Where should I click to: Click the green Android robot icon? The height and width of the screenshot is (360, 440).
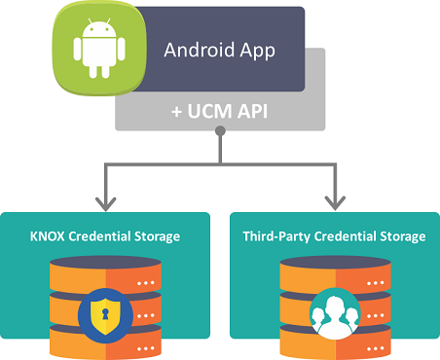click(x=94, y=49)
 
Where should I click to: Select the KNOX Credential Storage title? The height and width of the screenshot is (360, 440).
click(x=106, y=236)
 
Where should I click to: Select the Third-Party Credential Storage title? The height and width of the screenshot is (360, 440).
click(x=334, y=236)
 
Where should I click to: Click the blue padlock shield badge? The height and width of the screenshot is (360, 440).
click(x=106, y=312)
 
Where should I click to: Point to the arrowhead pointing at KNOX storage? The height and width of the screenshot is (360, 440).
click(x=106, y=201)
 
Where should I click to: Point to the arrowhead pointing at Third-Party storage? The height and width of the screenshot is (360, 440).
click(x=333, y=201)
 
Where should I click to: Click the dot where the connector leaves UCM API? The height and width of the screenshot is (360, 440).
click(x=220, y=148)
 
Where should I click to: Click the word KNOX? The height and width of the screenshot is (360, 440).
click(x=46, y=236)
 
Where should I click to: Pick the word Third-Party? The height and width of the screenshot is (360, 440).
click(x=275, y=236)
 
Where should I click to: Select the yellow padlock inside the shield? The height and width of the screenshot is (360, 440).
click(x=106, y=312)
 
